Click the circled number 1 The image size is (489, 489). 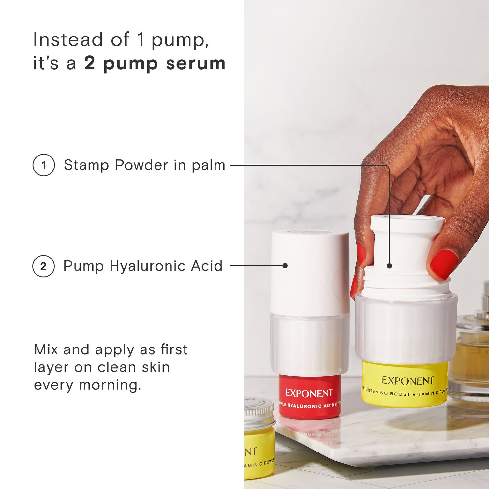click(44, 165)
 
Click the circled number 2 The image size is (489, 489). click(43, 266)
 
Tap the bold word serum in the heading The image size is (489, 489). click(196, 63)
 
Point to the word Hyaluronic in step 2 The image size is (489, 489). click(148, 266)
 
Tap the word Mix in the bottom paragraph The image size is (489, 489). click(46, 350)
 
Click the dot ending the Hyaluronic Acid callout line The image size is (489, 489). click(285, 266)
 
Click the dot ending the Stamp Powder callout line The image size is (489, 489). click(389, 266)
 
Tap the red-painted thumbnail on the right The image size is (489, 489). click(444, 263)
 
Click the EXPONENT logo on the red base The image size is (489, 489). click(309, 393)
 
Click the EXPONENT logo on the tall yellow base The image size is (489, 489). click(407, 380)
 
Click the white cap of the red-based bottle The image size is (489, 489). click(310, 271)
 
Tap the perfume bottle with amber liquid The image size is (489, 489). click(473, 359)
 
